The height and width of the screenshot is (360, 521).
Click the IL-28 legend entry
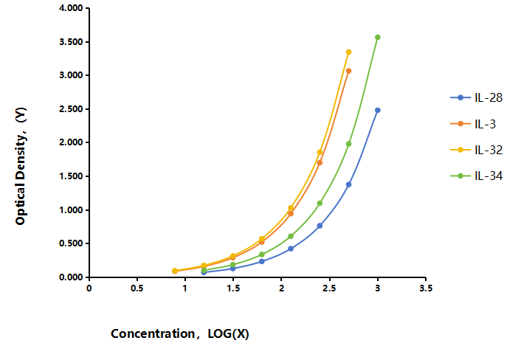point(477,97)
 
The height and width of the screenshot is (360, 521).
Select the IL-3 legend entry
point(473,124)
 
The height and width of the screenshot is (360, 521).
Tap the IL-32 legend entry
point(477,150)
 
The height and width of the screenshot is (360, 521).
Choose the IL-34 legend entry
point(477,176)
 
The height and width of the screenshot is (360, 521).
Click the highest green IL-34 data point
point(377,37)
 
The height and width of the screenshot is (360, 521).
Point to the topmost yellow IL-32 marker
point(348,52)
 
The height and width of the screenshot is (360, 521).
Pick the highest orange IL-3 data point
point(348,71)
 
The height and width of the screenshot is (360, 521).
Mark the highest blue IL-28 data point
point(377,110)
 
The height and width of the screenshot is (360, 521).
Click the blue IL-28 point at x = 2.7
point(348,184)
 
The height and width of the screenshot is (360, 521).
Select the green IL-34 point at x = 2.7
point(348,144)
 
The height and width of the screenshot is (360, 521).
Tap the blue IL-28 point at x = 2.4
point(320,226)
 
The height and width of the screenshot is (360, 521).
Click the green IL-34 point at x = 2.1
point(291,236)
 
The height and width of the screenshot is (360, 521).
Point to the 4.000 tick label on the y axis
point(71,8)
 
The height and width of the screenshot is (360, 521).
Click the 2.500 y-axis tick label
point(71,109)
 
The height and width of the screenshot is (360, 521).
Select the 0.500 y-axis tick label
point(71,243)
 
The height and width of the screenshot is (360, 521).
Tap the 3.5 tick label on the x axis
point(426,288)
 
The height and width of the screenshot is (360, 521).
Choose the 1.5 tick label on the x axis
point(233,288)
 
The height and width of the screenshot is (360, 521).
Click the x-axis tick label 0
point(89,288)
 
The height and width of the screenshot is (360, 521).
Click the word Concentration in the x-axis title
point(153,333)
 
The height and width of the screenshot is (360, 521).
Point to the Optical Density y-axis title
point(21,166)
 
